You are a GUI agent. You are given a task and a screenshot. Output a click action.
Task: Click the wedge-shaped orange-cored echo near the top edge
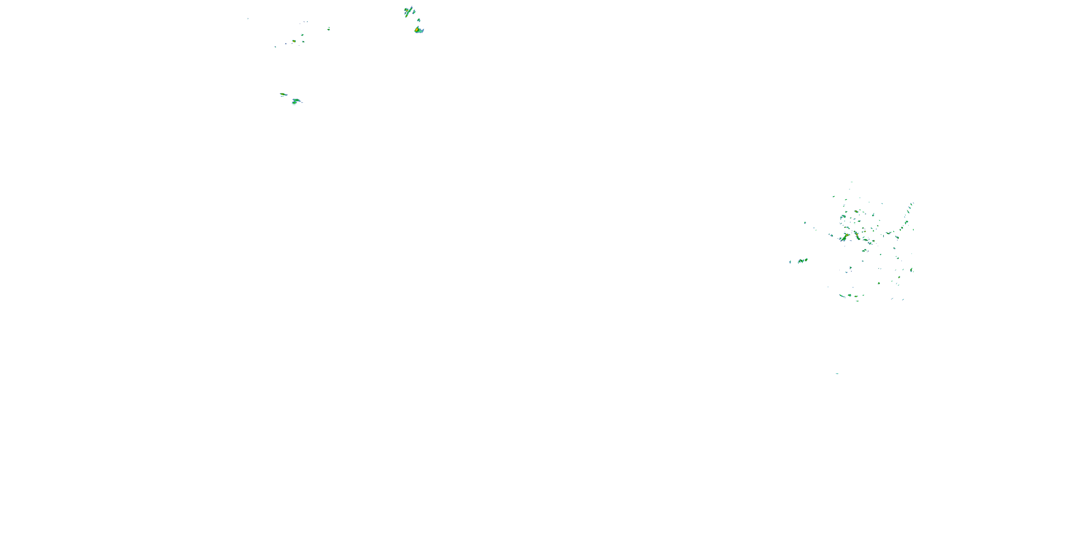pos(419,30)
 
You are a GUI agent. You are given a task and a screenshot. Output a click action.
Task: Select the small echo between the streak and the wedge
pos(419,20)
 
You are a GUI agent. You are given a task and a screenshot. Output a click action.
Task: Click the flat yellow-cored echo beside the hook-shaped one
pos(283,95)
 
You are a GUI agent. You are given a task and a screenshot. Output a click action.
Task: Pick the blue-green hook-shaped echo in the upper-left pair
pos(296,101)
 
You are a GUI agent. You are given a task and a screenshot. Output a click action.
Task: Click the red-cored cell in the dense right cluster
pos(857,235)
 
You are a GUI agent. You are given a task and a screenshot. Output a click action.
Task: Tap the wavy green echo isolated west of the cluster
pos(802,261)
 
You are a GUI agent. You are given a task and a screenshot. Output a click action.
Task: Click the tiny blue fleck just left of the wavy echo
pos(790,262)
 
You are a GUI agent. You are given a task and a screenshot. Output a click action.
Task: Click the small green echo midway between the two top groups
pos(328,28)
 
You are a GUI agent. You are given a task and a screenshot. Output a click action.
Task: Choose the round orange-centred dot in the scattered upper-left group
pos(294,41)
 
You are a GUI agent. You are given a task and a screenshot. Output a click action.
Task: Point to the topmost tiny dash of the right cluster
pos(851,182)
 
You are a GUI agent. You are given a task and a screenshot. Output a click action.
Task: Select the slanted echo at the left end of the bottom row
pos(841,295)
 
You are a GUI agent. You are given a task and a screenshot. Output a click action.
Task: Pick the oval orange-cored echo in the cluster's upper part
pos(856,212)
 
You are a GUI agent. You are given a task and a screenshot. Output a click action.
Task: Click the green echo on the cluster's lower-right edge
pos(912,270)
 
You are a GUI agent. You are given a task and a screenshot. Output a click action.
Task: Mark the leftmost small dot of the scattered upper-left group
pos(275,47)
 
